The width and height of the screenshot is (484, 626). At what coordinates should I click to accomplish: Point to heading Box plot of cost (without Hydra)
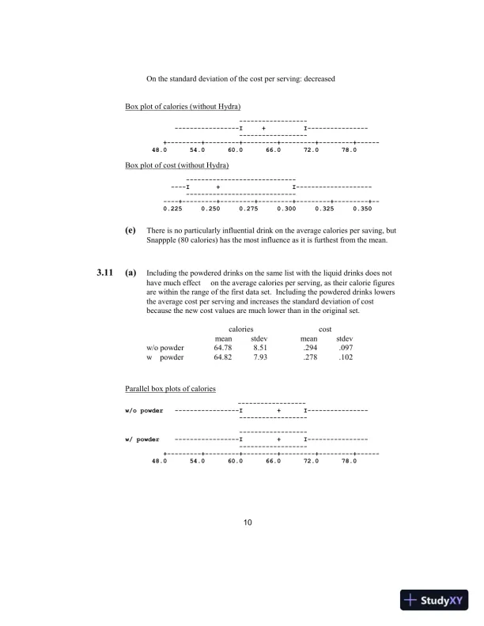(177, 166)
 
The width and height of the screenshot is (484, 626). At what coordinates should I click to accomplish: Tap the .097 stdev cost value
(344, 347)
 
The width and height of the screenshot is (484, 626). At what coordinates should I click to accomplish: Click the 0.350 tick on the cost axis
(362, 209)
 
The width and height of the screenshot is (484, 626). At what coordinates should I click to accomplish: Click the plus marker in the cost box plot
(217, 187)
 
